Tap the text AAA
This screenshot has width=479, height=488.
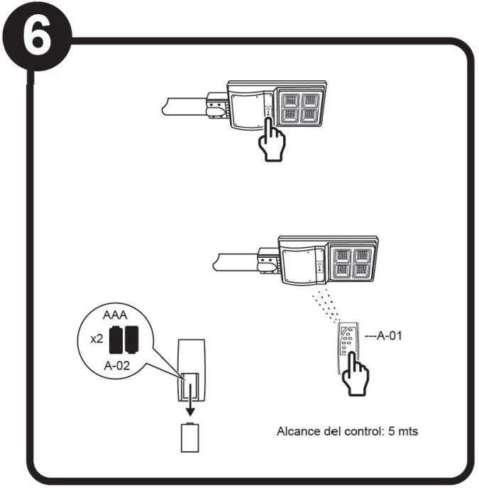115,315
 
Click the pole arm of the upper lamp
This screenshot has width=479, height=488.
185,107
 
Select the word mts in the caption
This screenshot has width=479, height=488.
407,431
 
